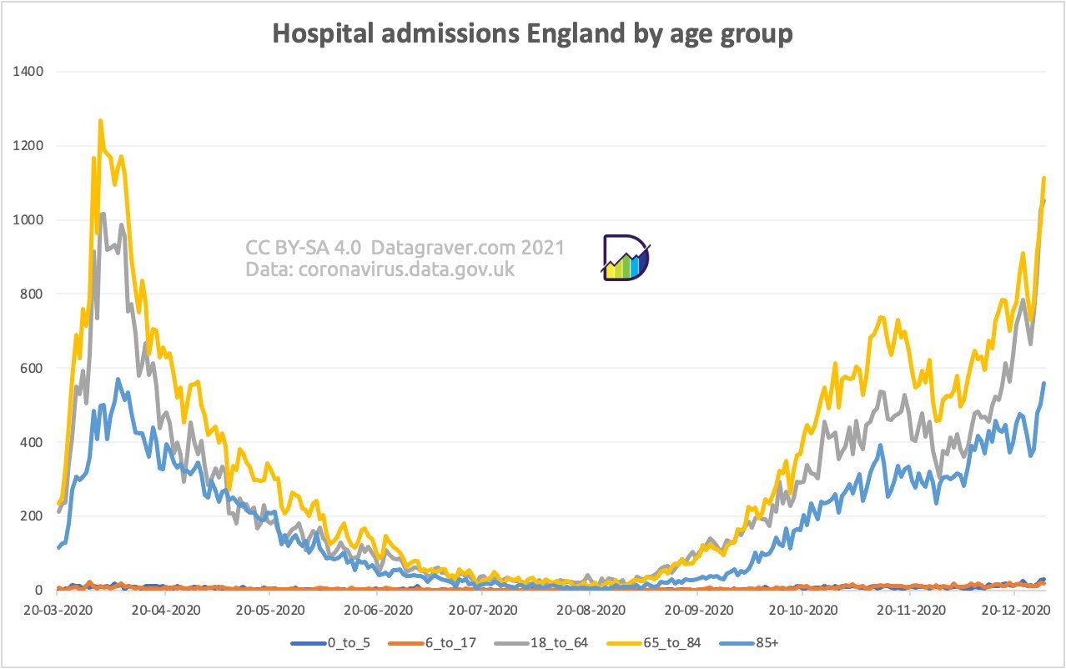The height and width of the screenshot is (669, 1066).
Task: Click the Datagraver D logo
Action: [x=626, y=258]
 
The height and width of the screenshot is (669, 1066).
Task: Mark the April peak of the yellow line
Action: [x=100, y=121]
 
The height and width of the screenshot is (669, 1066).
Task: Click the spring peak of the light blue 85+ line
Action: [x=118, y=380]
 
